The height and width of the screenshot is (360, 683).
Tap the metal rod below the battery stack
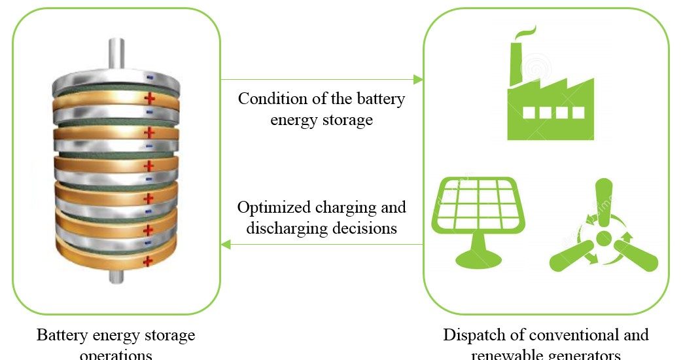(116, 276)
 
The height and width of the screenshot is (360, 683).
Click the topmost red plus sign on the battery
(150, 99)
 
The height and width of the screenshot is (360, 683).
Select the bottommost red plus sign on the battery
(148, 261)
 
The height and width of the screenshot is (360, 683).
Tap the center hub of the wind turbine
(603, 237)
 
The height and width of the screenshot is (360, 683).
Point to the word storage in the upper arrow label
(347, 120)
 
